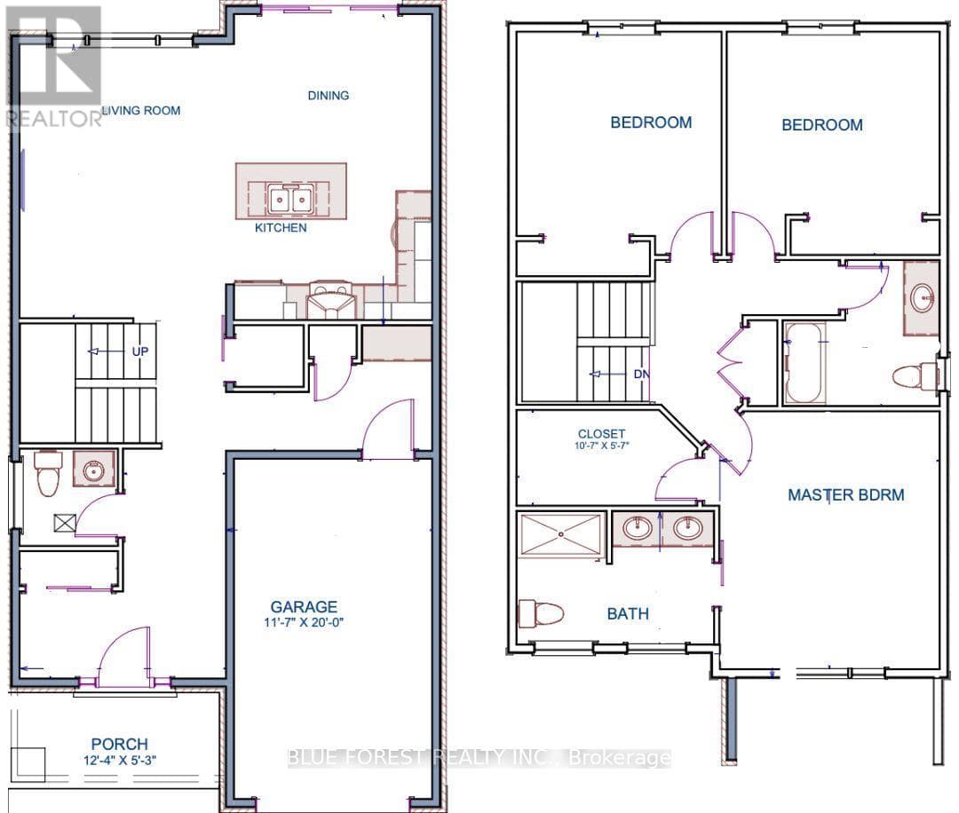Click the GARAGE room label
coord(304,607)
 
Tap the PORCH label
coord(119,744)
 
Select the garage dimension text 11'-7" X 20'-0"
coord(304,623)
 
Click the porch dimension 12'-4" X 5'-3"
coord(120,761)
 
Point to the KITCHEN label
coord(281,228)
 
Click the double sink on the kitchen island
coord(289,200)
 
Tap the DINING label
coord(329,95)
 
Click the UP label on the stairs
coord(140,351)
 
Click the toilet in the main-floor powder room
coord(48,472)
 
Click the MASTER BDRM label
coord(846,494)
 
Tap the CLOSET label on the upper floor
coord(601,434)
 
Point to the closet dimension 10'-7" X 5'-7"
coord(602,446)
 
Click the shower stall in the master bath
coord(561,534)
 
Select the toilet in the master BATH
coord(541,613)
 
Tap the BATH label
coord(628,613)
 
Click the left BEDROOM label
coord(652,122)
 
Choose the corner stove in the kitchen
coord(331,300)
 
